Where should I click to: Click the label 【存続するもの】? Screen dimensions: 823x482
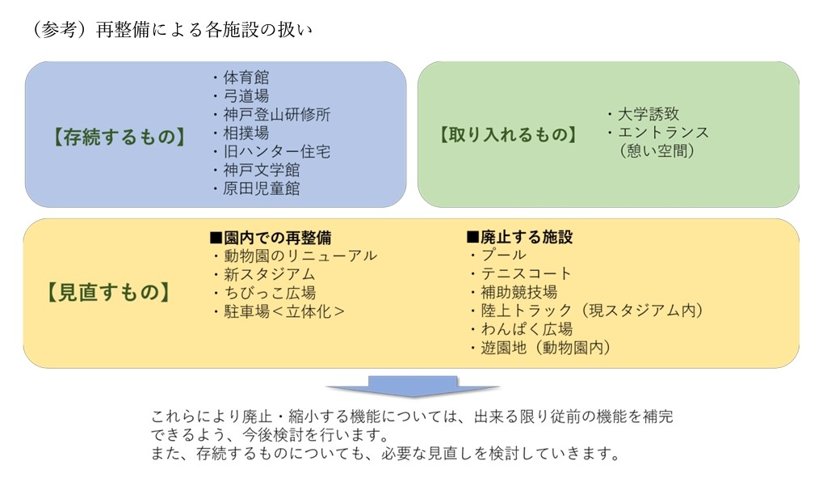click(120, 137)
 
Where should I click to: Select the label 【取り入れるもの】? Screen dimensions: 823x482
click(508, 134)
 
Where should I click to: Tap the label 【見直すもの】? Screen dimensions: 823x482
click(109, 292)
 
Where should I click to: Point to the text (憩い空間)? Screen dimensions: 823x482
click(657, 151)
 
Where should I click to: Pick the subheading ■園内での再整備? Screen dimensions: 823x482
click(271, 238)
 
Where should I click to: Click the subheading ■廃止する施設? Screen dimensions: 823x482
click(519, 237)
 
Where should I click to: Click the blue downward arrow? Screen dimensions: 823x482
click(413, 387)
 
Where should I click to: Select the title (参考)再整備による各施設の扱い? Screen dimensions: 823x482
click(172, 29)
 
